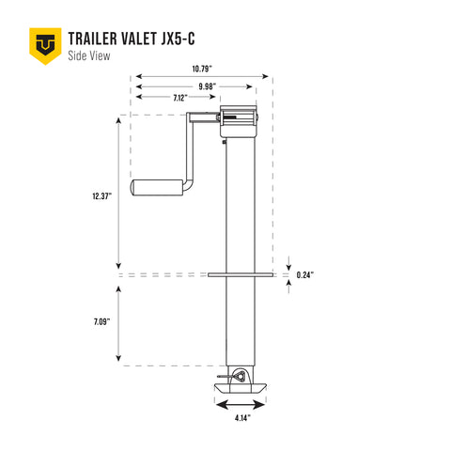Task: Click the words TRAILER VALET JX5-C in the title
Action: [x=132, y=39]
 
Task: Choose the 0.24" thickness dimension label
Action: [x=304, y=275]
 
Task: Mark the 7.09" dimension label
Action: [x=103, y=322]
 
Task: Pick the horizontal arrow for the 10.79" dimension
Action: [x=203, y=76]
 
